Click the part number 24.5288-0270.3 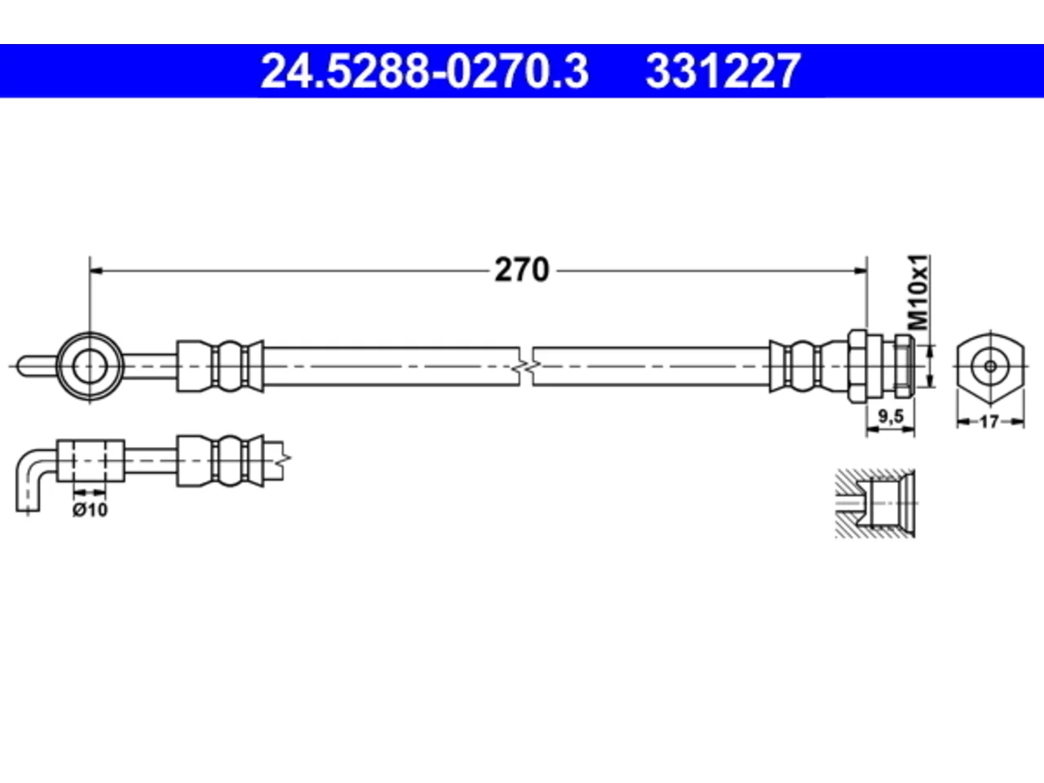point(425,71)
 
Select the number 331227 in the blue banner point(723,71)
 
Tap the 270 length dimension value point(522,270)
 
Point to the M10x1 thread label point(918,292)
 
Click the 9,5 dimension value point(891,417)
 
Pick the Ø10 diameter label point(90,510)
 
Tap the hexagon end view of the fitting point(991,366)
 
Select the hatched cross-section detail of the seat point(875,503)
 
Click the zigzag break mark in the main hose point(526,366)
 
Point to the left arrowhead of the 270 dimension point(96,271)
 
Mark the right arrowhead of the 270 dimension point(860,271)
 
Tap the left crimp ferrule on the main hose point(219,366)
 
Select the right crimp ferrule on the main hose point(808,366)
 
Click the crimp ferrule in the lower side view point(219,461)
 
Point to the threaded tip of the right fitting point(905,366)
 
